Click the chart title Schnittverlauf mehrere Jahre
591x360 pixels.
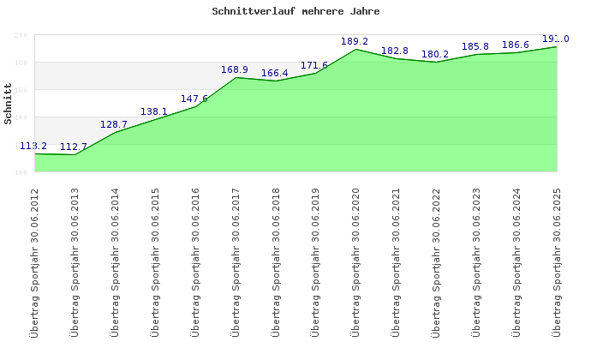[295, 12]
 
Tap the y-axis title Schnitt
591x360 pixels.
[9, 104]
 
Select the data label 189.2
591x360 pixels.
[355, 41]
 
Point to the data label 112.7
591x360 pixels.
[74, 147]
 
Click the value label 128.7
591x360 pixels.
[114, 124]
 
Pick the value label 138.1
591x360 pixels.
[154, 111]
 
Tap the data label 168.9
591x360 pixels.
[235, 69]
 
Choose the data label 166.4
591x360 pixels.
[275, 73]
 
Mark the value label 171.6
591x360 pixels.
[314, 65]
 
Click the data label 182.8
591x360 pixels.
[395, 51]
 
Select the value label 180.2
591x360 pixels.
[435, 54]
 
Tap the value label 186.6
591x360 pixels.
[516, 45]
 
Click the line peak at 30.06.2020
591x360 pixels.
[355, 49]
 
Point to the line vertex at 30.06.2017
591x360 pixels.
[236, 77]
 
